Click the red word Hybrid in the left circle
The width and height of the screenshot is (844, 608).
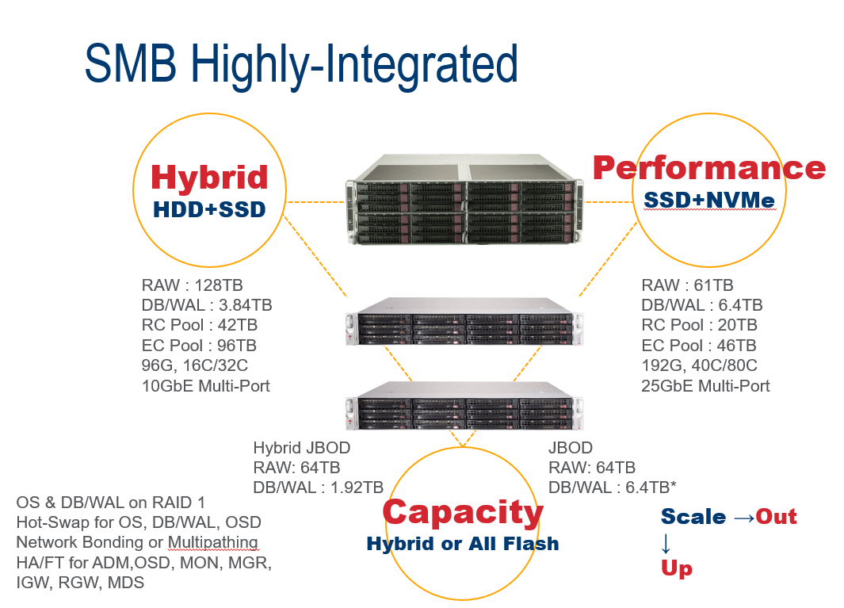tap(209, 177)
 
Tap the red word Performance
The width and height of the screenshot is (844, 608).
tap(709, 167)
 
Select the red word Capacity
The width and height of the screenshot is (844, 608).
tap(463, 512)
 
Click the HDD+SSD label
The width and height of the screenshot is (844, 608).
tap(209, 208)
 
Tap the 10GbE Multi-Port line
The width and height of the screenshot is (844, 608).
tap(206, 386)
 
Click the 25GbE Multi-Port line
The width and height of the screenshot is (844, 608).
tap(705, 386)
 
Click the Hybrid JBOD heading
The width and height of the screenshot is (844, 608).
tap(301, 448)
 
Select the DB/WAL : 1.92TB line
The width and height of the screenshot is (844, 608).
tap(318, 487)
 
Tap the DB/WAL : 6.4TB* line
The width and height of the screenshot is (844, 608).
tap(612, 487)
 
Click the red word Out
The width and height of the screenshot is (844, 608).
tap(776, 517)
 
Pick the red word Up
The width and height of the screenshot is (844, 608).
tap(676, 568)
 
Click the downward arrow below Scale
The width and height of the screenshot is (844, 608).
tap(666, 543)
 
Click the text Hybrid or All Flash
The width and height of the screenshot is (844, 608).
tap(463, 544)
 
